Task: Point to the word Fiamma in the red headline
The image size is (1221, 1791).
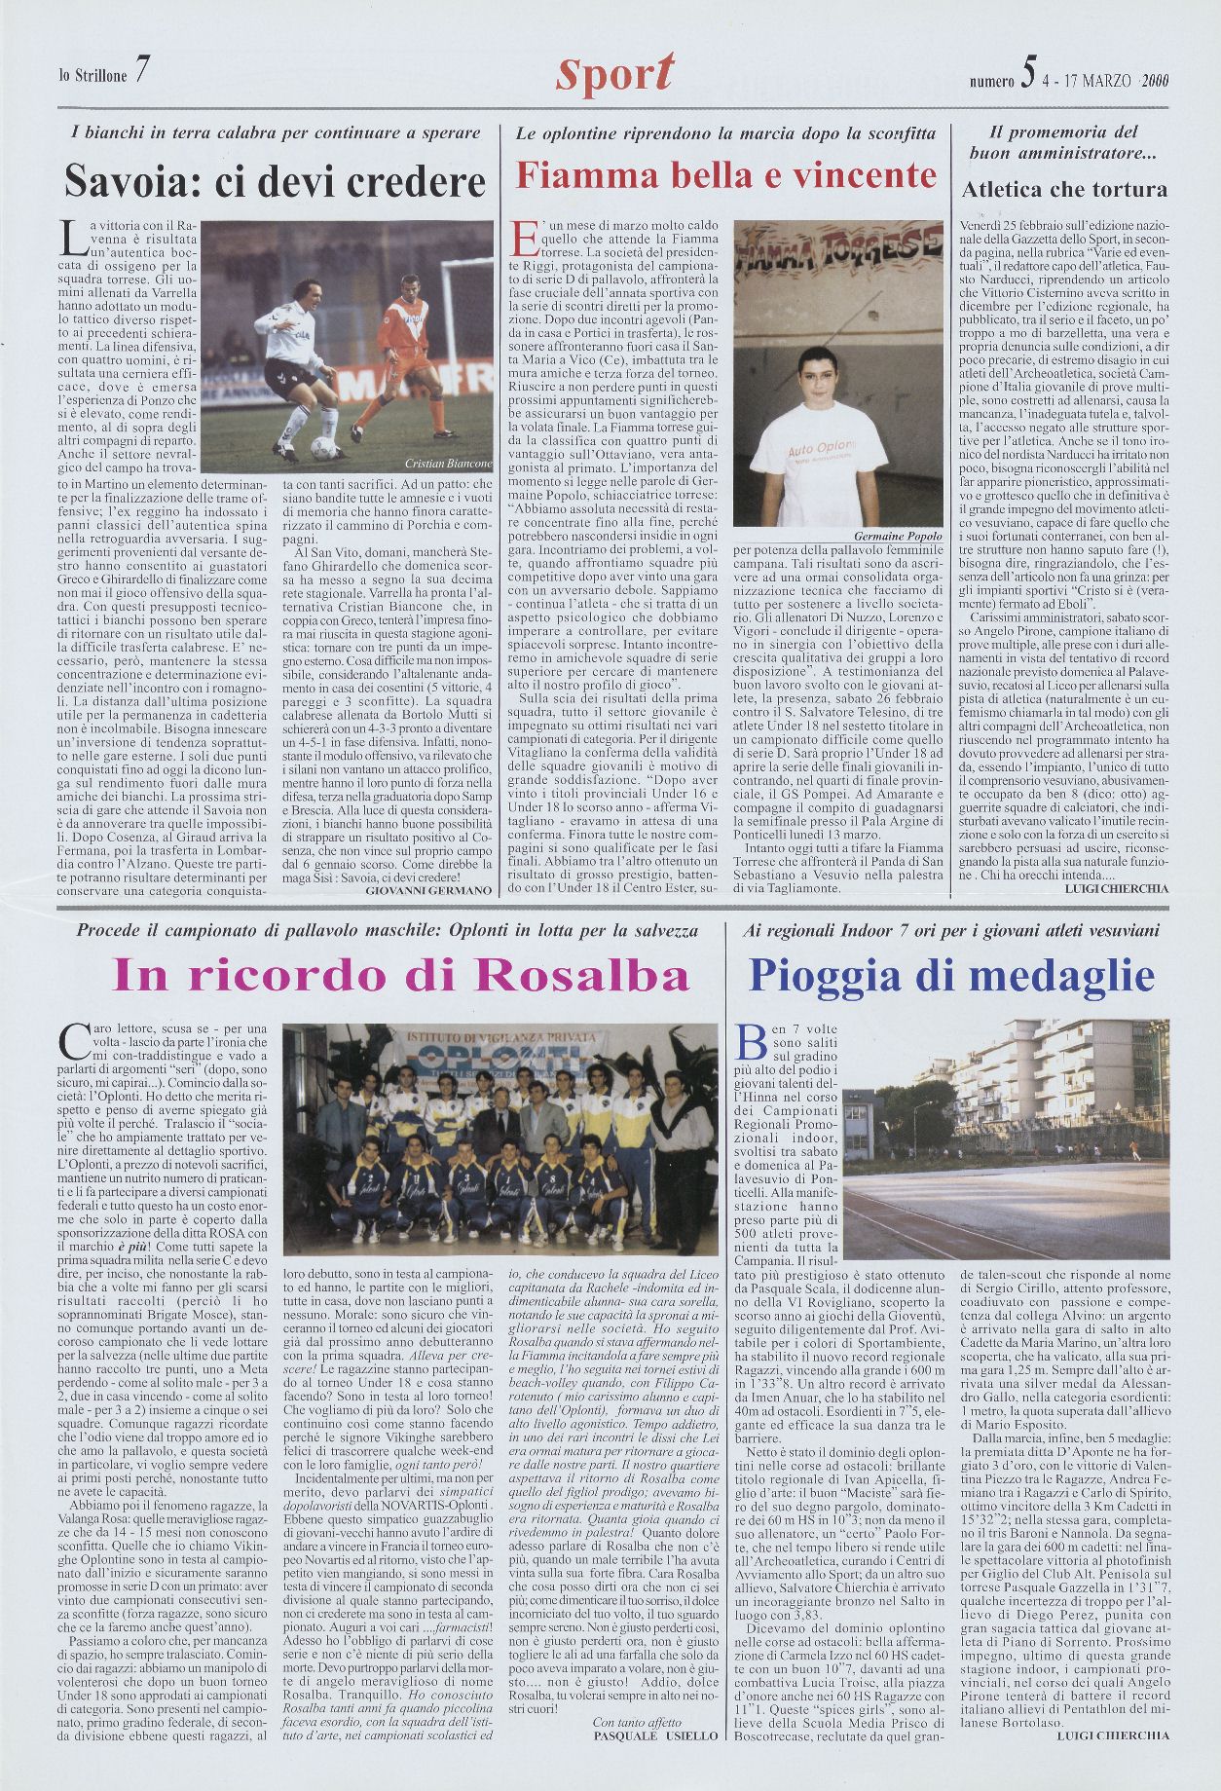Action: coord(575,176)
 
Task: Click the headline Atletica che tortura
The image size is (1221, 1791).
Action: coord(1064,189)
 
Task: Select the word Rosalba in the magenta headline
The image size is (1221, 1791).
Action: coord(574,975)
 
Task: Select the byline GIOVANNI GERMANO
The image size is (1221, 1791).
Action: coord(428,890)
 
